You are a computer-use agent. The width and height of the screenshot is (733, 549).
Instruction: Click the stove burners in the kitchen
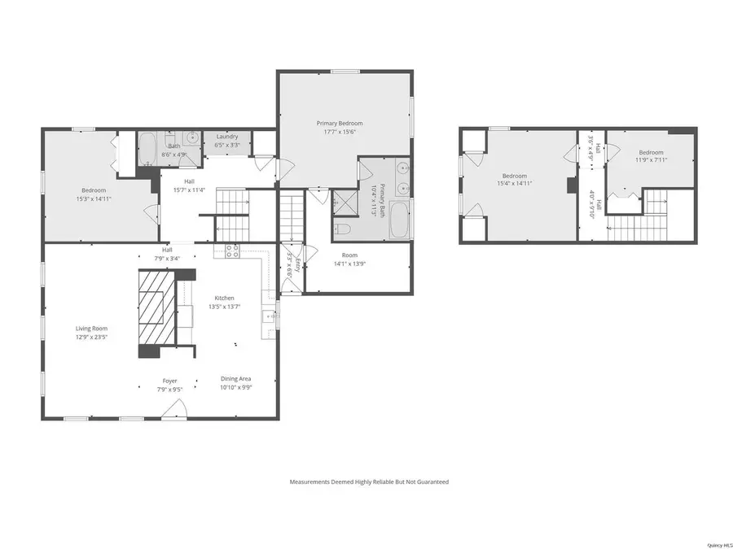231,251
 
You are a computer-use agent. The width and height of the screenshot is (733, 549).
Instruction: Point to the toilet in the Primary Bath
343,229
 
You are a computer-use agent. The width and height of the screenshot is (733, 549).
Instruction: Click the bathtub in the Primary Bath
399,220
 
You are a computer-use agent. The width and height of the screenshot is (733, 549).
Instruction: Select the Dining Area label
235,379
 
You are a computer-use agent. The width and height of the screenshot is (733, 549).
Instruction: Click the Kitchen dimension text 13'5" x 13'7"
224,307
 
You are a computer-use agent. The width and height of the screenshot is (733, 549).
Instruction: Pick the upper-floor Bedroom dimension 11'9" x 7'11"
651,160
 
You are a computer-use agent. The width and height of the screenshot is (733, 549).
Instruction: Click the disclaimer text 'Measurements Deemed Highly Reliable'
369,481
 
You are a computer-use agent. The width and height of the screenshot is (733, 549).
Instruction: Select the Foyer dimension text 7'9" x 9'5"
169,389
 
